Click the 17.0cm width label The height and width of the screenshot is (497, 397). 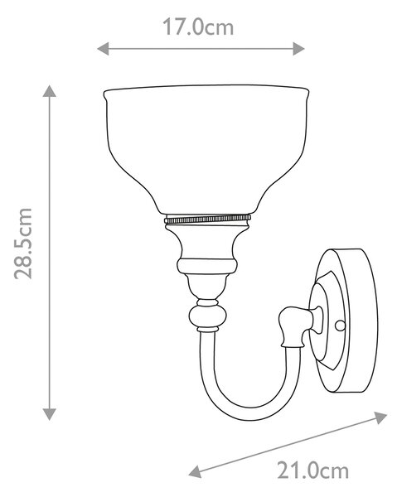(x=198, y=27)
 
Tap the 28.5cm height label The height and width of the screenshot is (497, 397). (x=23, y=244)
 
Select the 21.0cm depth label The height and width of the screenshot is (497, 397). (x=313, y=470)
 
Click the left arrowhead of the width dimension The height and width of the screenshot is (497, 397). (x=103, y=49)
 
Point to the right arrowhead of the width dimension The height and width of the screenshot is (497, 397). (x=298, y=49)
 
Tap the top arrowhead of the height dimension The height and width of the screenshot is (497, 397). (x=50, y=91)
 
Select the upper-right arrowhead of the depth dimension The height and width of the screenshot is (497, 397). (x=380, y=417)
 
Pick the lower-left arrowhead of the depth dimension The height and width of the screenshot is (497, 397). (x=196, y=471)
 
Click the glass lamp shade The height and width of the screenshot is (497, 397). (x=206, y=149)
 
